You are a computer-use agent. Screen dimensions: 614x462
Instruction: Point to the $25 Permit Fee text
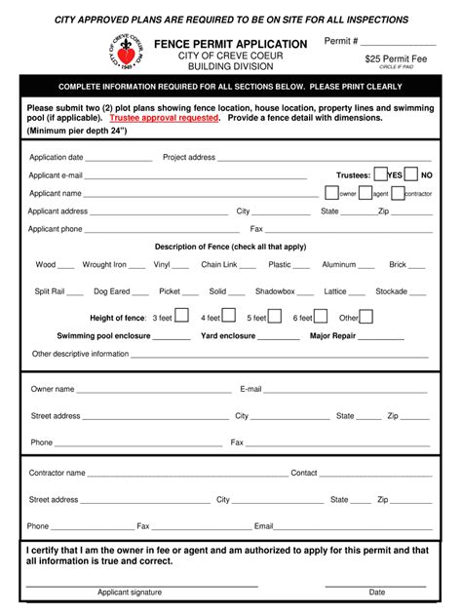click(x=398, y=58)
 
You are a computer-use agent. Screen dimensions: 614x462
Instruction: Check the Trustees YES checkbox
click(x=381, y=174)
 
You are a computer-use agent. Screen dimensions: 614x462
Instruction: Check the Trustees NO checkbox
click(x=411, y=174)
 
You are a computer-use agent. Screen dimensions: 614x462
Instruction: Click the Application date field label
click(x=56, y=157)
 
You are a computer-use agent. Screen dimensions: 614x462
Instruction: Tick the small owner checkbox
click(x=333, y=193)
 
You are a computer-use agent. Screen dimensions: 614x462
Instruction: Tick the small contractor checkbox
click(x=400, y=193)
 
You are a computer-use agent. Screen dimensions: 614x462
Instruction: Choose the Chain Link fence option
click(x=219, y=264)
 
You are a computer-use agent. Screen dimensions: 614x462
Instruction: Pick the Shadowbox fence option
click(x=275, y=290)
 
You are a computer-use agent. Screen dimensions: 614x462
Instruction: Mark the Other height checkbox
click(x=366, y=316)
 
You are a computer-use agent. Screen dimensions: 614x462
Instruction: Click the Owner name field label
click(x=53, y=388)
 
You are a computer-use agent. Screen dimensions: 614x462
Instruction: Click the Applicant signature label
click(x=130, y=592)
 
